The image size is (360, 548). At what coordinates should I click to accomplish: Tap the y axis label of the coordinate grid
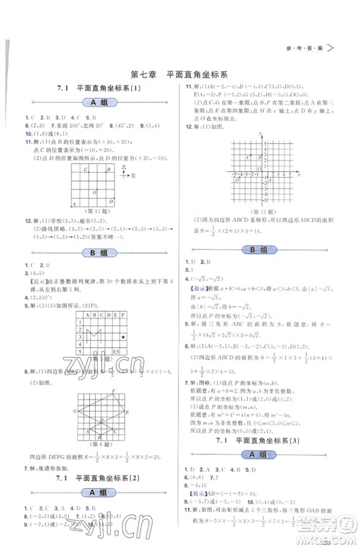pos(248,139)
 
